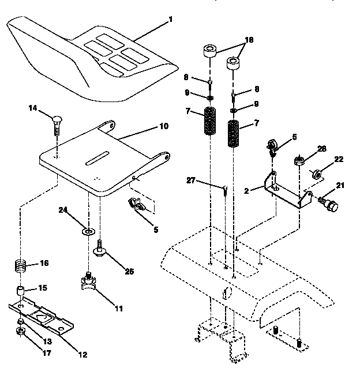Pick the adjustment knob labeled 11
88,283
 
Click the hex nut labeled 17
18,332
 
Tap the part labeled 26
300,160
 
